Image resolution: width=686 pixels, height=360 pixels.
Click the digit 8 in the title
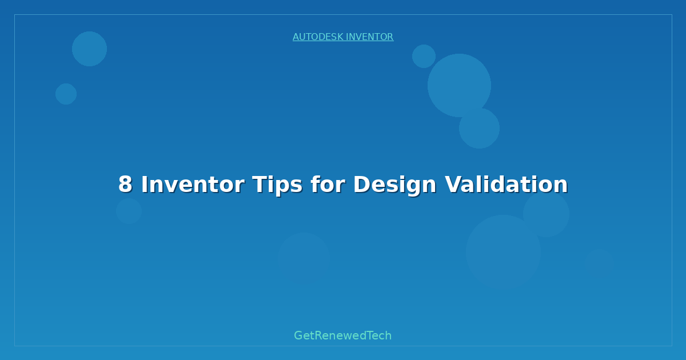point(125,185)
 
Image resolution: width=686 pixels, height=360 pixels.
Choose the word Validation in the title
point(506,185)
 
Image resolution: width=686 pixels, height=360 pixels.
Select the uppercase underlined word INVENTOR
point(369,37)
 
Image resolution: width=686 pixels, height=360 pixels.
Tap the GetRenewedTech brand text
point(343,335)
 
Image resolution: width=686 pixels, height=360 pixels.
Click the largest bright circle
point(459,85)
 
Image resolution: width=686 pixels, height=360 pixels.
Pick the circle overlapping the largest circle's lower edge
point(479,128)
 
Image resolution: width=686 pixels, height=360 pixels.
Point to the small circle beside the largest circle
point(424,56)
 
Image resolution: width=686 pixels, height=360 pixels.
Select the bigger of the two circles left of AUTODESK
point(89,49)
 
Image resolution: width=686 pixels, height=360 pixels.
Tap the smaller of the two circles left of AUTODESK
point(66,94)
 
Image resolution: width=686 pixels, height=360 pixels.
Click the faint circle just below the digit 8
point(129,211)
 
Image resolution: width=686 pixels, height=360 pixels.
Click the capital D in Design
point(361,185)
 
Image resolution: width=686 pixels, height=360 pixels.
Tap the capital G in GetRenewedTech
point(299,335)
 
